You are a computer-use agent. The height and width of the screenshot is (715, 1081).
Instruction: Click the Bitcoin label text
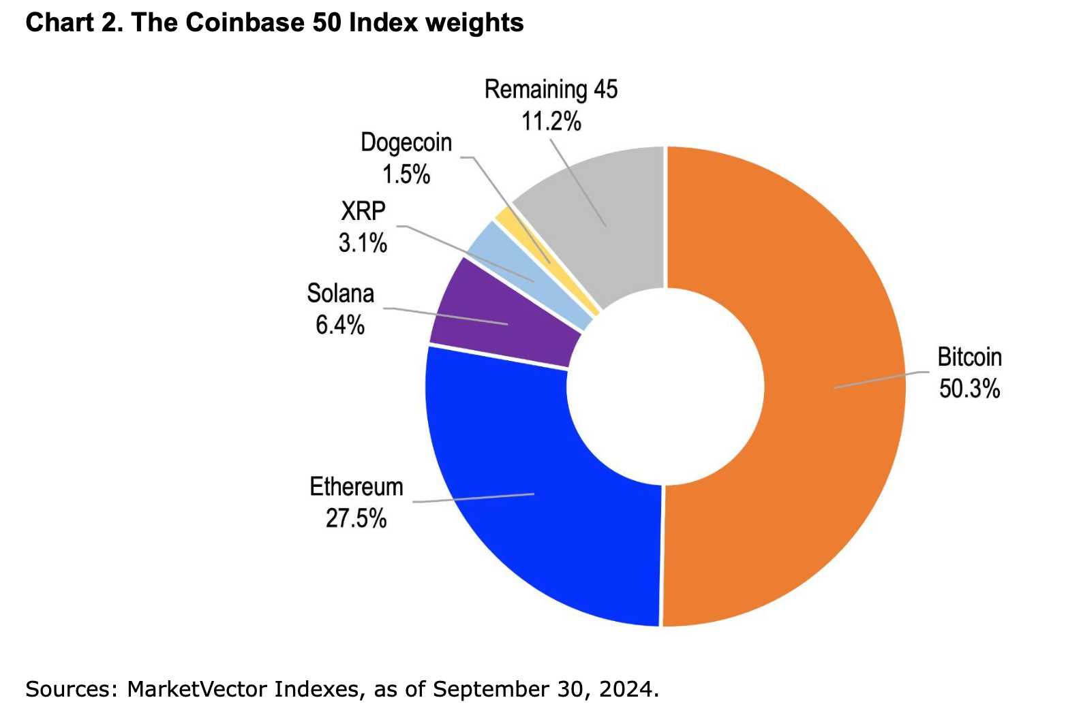point(969,357)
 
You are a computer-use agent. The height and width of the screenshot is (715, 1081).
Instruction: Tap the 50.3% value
point(969,389)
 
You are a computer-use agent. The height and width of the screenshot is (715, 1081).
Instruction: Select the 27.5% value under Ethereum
point(356,519)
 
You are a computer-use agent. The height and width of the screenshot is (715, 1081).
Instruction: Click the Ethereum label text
point(356,487)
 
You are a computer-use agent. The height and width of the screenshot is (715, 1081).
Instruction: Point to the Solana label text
point(340,293)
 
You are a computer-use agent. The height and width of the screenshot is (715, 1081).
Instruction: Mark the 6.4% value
point(339,325)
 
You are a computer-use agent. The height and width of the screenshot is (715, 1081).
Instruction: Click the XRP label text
point(363,211)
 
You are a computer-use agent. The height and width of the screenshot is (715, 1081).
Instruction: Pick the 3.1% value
point(363,242)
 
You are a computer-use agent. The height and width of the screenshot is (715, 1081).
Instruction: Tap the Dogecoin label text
point(406,142)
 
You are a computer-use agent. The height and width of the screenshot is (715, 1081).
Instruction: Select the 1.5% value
point(406,174)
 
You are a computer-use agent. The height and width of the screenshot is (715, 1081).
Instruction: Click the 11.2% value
point(551,122)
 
